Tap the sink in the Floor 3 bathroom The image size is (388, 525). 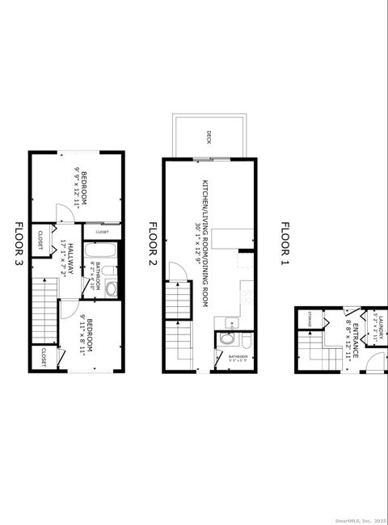tap(112, 288)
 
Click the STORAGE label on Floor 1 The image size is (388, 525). tap(310, 319)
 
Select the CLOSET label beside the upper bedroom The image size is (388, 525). tap(103, 232)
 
